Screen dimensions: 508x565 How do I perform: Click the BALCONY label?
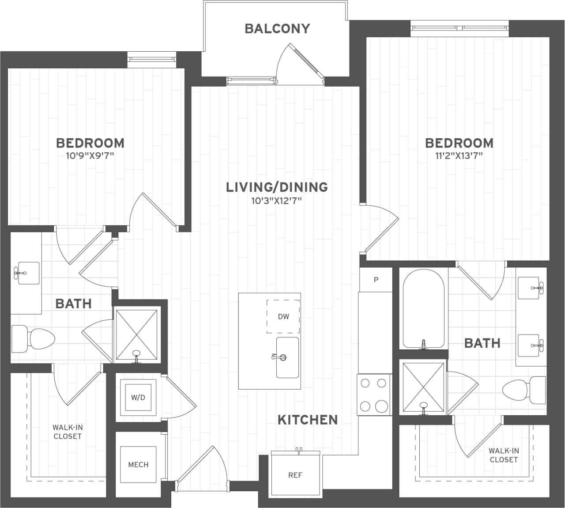(x=277, y=29)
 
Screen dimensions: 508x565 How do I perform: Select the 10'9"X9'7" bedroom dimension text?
(x=90, y=155)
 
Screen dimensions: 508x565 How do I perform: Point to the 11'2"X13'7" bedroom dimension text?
(x=459, y=155)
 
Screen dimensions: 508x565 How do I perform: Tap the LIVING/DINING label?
(x=277, y=187)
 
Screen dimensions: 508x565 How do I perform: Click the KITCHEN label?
(x=307, y=420)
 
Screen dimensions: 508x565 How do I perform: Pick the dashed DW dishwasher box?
(x=283, y=316)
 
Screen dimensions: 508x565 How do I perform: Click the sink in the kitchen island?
(x=287, y=357)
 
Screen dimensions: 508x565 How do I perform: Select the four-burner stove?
(x=374, y=394)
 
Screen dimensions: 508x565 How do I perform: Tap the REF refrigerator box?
(x=295, y=475)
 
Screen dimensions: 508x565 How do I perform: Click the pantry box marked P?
(x=376, y=280)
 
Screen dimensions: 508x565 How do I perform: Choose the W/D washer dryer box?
(x=138, y=398)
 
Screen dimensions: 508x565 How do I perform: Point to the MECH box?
(x=138, y=465)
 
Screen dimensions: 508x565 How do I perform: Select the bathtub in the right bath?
(x=423, y=309)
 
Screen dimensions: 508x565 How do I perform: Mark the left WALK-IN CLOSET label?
(x=68, y=432)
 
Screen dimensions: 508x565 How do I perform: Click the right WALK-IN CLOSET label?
(x=503, y=455)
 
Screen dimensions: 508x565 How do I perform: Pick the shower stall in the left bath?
(x=136, y=335)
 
